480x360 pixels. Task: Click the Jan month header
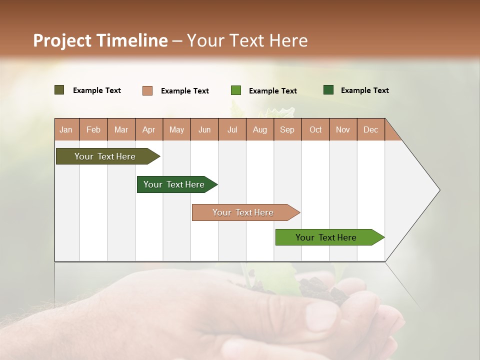[66, 129]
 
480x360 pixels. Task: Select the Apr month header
[148, 129]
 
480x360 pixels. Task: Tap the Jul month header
[232, 129]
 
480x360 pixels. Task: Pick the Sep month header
[287, 129]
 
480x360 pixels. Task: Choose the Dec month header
[370, 129]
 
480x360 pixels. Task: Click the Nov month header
[342, 129]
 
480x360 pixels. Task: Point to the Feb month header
[93, 129]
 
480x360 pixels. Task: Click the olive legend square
[59, 90]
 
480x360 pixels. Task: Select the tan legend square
[147, 90]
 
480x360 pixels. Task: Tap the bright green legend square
[235, 90]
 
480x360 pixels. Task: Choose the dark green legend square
[328, 90]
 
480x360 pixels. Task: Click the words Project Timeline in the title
[100, 40]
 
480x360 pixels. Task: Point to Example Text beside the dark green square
[364, 90]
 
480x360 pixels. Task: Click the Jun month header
[204, 129]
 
